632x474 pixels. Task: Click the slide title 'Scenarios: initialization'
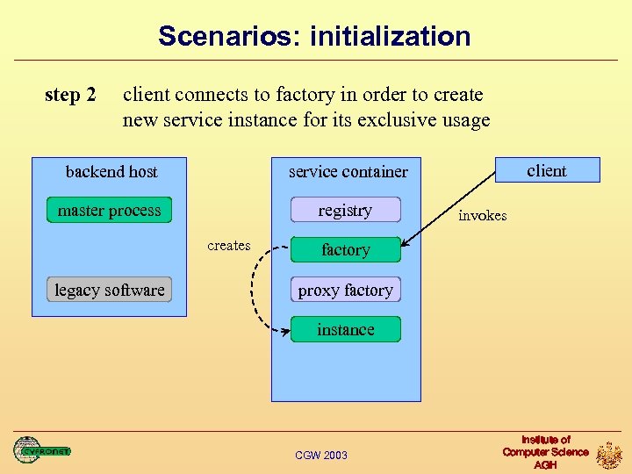[314, 37]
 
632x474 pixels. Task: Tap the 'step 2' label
[70, 95]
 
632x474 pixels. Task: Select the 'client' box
[547, 170]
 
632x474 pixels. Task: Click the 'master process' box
[109, 211]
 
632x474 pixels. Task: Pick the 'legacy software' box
[109, 290]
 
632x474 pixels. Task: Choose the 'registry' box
[345, 211]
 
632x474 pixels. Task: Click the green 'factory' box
[345, 250]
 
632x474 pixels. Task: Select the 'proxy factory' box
[345, 291]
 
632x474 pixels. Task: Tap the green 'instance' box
[345, 330]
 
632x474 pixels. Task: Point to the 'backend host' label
[111, 171]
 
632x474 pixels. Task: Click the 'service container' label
[348, 171]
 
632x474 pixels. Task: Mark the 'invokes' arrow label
[482, 216]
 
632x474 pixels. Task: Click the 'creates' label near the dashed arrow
[229, 246]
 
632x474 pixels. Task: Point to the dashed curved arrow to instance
[255, 290]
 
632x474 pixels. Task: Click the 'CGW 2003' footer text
[321, 455]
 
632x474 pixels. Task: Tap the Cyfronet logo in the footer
[41, 450]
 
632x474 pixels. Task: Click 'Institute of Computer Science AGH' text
[545, 452]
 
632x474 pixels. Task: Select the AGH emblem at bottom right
[609, 455]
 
